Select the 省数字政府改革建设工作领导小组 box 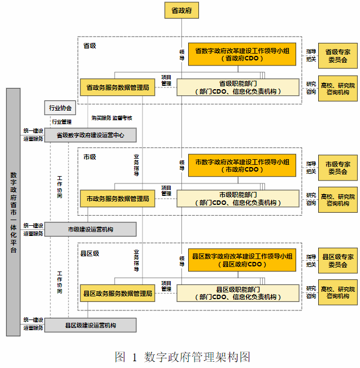(x=242, y=54)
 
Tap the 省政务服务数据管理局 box (x=118, y=87)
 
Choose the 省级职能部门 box (x=238, y=87)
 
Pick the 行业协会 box (x=60, y=108)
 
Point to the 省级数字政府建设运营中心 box (x=90, y=135)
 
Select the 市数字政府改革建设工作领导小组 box (x=242, y=165)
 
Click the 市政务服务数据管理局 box (x=118, y=199)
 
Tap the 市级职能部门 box (x=238, y=199)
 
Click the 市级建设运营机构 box (x=90, y=229)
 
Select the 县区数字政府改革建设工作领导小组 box (x=242, y=260)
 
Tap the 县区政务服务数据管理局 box (x=118, y=293)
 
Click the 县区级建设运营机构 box (x=90, y=325)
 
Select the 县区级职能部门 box (x=238, y=293)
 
